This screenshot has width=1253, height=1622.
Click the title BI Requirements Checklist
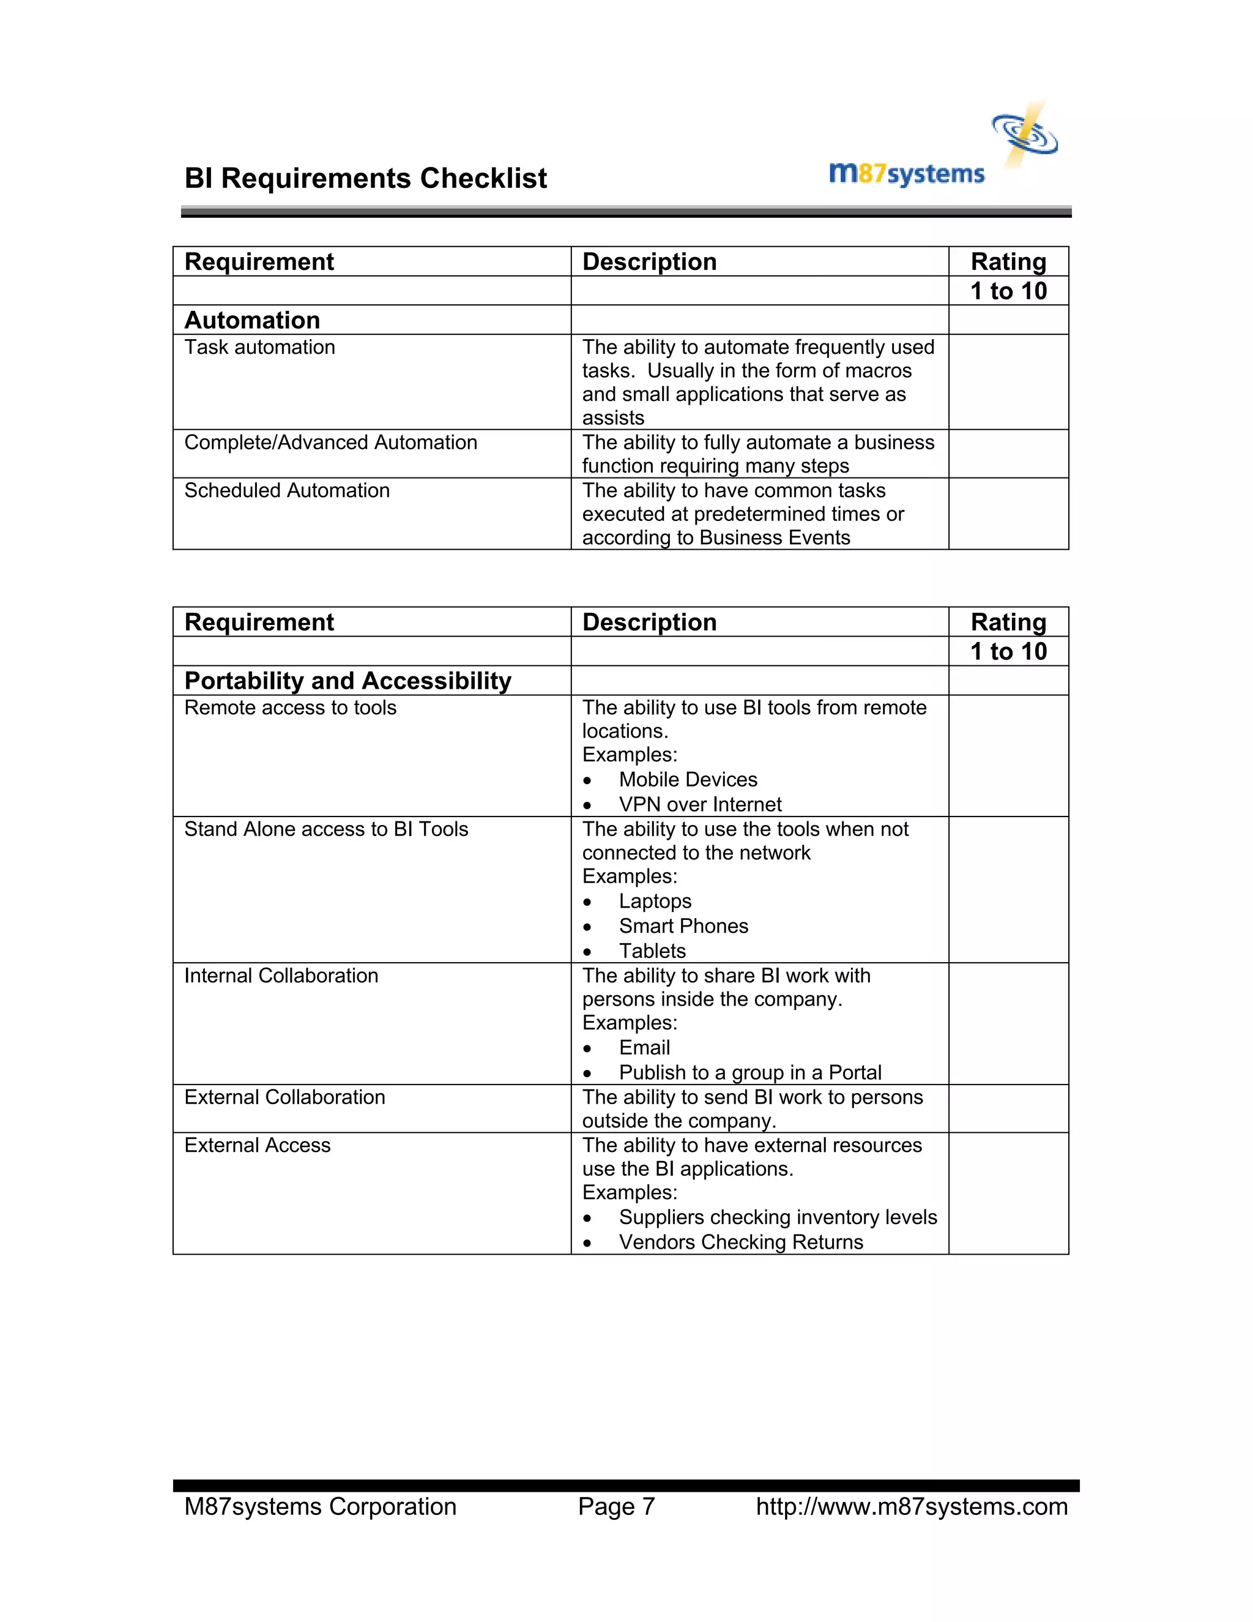[x=365, y=179]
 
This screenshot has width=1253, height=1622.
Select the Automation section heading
[x=253, y=320]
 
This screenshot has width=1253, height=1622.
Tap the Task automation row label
[x=260, y=348]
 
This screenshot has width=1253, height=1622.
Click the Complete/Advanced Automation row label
[x=330, y=443]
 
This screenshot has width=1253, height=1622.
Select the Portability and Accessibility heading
[x=348, y=681]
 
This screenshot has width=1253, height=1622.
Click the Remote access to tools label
[x=290, y=708]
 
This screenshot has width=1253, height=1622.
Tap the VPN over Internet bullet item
[x=700, y=804]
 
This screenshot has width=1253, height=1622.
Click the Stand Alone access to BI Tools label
[x=326, y=829]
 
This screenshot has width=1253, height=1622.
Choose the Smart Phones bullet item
[x=683, y=926]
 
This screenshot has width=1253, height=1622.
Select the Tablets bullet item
[x=652, y=951]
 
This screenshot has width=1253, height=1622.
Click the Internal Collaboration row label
[x=281, y=976]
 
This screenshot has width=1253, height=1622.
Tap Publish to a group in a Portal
[x=749, y=1073]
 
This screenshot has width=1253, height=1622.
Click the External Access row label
[x=257, y=1146]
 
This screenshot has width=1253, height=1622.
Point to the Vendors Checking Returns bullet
[x=741, y=1243]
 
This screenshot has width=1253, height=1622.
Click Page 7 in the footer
[x=616, y=1507]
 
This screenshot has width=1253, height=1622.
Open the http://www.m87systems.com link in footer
[x=912, y=1507]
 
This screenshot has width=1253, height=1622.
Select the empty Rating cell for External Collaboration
[x=1008, y=1109]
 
